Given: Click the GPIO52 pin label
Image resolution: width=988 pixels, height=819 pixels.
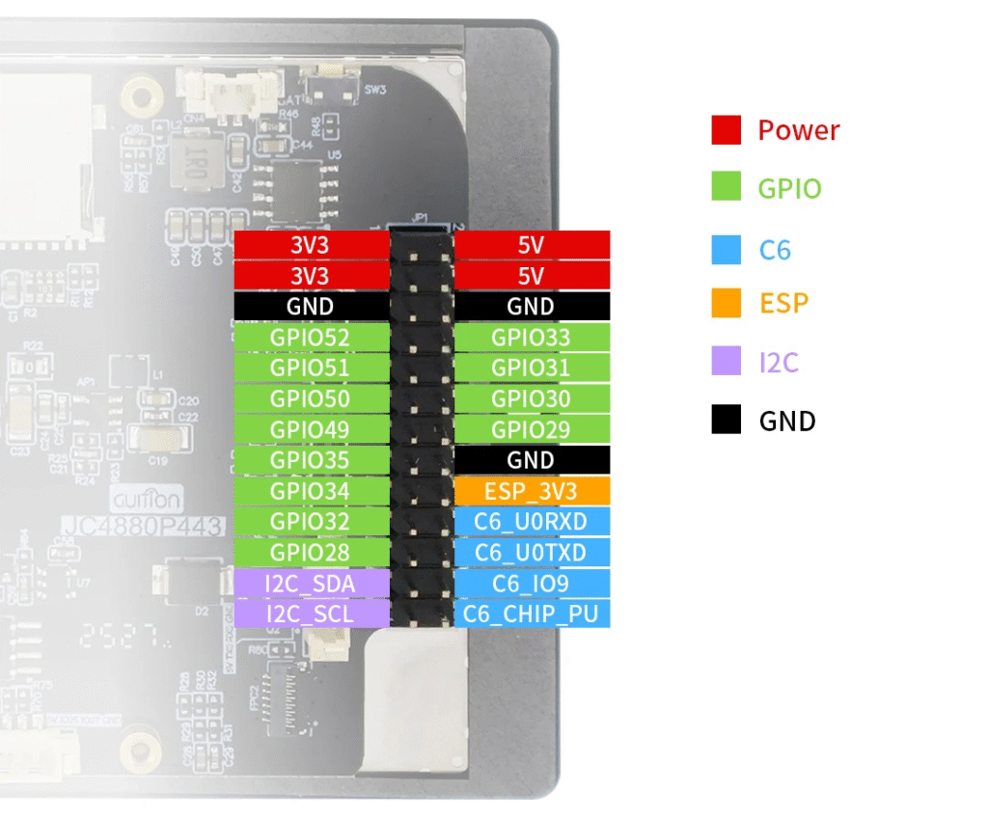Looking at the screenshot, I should coord(311,338).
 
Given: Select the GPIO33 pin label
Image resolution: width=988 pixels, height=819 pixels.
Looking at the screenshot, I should coord(531,338).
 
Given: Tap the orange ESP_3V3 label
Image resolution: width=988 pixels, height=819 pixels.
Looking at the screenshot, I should coord(531,491).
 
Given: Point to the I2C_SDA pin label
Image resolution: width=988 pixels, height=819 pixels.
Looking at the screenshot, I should coord(311,584).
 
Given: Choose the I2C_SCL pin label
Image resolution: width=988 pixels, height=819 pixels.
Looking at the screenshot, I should coord(311,614).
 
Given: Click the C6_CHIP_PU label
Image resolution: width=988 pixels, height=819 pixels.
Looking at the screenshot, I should coord(531,614).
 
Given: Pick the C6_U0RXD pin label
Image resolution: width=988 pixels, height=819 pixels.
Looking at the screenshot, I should coord(531,522).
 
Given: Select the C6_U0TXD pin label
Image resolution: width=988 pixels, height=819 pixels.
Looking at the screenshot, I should coord(531,553).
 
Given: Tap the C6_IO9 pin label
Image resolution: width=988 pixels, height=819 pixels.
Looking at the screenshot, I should coord(531,584).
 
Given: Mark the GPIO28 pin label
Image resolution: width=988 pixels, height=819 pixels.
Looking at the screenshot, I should coord(311,553).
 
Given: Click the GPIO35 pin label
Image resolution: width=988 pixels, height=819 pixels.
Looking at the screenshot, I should coord(311,460).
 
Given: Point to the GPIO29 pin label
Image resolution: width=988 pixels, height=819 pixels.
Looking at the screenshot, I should coord(531,429).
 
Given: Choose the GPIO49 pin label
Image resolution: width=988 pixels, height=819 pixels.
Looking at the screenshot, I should coord(311,429).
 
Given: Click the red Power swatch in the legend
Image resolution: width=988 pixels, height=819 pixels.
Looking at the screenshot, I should coord(726,130).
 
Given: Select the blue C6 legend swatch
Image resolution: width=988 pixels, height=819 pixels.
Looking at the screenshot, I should coord(726,250).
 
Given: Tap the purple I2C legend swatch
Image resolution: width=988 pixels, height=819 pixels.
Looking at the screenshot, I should coord(726,362).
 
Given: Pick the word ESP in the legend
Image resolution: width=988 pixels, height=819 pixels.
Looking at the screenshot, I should coord(782,303).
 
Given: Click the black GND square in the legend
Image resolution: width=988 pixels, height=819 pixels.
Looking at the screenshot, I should coord(726,420).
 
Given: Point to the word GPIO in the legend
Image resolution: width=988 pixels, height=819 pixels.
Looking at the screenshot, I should coord(789,188).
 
